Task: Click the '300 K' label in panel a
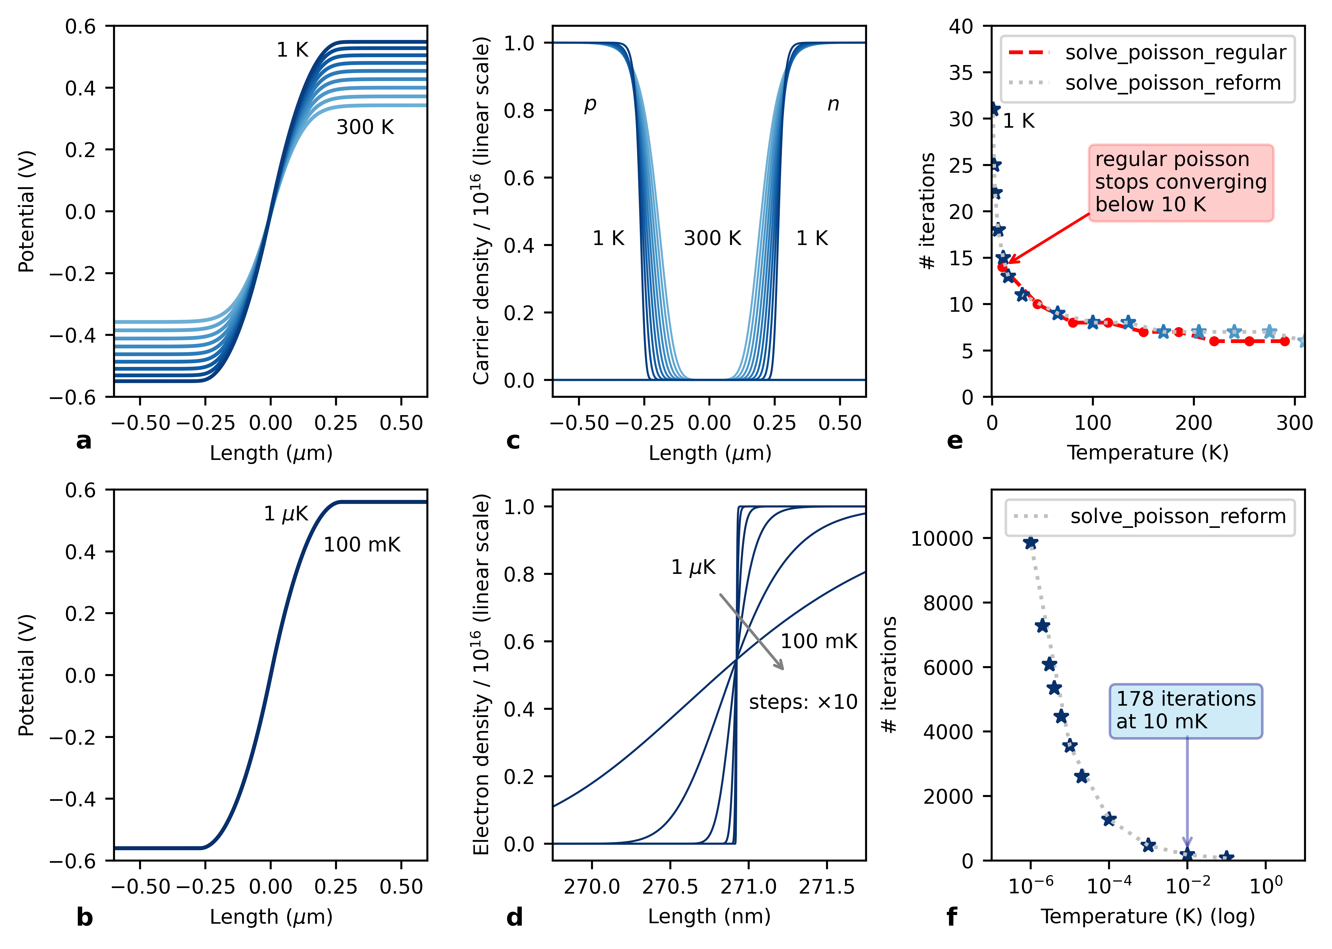coord(365,127)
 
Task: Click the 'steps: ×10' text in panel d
coord(803,702)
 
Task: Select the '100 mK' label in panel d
coord(818,641)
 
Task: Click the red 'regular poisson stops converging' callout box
coord(1181,182)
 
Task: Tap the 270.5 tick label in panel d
coord(670,887)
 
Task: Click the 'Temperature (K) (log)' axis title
coord(1147,916)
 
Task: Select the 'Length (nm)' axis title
coord(709,916)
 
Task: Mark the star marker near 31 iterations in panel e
coord(993,109)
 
